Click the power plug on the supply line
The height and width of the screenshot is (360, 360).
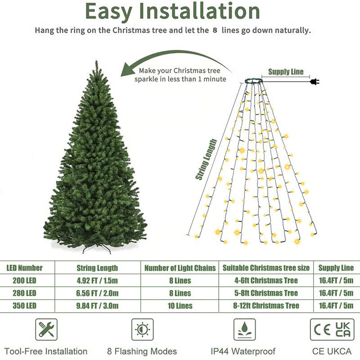314,81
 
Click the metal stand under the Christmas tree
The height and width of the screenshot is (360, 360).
96,248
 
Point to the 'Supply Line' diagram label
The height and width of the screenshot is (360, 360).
286,72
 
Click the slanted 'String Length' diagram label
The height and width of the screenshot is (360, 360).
207,160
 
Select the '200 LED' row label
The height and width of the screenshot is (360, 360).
22,280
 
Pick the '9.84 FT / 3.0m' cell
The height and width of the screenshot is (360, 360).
97,306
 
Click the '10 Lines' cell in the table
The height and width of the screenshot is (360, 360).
180,306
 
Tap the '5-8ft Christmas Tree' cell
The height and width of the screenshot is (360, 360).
266,293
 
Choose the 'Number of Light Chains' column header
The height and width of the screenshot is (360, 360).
180,268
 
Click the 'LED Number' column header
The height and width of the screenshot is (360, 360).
24,268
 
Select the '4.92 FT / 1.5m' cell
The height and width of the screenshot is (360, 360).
97,280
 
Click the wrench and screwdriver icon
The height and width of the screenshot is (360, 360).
46,329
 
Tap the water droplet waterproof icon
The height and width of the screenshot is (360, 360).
244,329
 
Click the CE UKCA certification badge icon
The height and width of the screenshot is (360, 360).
332,329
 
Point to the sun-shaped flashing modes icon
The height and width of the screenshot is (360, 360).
142,329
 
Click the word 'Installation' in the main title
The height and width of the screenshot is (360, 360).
206,12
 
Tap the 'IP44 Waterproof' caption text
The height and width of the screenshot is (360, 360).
243,351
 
